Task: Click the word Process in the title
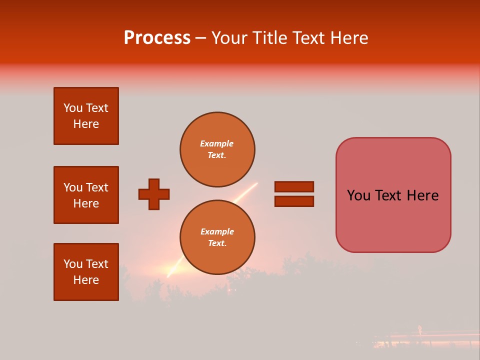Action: (157, 38)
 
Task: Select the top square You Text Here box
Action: (86, 116)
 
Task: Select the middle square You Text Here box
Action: (86, 195)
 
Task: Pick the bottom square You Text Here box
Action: (86, 272)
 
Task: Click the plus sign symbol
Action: (154, 194)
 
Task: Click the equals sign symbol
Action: (294, 194)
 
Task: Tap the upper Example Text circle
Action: (217, 149)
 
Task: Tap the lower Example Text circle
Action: (217, 237)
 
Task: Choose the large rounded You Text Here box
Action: (393, 195)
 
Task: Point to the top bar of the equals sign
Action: (294, 187)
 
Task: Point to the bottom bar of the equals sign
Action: (294, 201)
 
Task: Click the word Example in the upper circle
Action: (217, 143)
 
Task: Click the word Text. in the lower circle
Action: (217, 243)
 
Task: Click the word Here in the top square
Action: (86, 124)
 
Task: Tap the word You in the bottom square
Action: (72, 264)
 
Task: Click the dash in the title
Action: (201, 38)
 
